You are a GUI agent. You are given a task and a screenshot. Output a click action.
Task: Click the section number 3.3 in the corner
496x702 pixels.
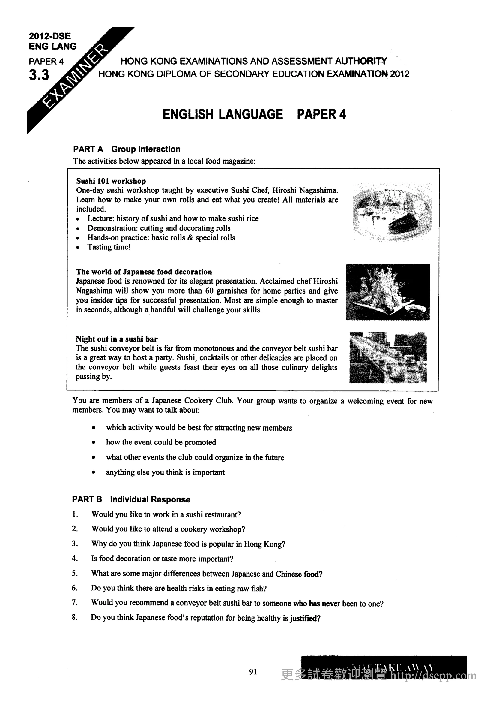point(39,75)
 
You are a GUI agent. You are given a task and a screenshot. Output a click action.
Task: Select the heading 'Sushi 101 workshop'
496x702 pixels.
point(111,181)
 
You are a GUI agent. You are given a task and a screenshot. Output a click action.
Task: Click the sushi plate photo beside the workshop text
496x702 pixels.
point(392,212)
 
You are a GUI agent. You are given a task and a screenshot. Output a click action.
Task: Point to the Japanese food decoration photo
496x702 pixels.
point(387,292)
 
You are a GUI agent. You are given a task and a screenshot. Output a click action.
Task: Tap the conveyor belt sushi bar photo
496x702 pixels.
point(388,357)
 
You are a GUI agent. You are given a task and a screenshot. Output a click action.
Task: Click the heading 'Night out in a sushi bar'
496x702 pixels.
point(117,339)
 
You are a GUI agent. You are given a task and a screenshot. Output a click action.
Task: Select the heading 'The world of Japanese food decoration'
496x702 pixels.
point(144,272)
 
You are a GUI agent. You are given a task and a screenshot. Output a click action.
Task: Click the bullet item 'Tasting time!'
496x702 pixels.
point(109,247)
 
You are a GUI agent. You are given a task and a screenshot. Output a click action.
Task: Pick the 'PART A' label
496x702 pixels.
point(88,149)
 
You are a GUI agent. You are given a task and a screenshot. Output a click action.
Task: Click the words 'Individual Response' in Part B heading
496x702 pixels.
point(150,499)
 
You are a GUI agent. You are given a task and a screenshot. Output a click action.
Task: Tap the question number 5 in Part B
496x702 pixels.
point(75,573)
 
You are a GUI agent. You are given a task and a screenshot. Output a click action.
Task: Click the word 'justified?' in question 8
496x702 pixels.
point(305,618)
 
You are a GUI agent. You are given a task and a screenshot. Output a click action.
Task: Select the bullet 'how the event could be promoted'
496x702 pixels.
point(161,442)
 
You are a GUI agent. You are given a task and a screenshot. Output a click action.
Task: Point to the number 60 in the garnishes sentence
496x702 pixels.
point(209,291)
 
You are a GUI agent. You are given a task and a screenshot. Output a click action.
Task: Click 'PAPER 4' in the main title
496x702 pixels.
point(321,114)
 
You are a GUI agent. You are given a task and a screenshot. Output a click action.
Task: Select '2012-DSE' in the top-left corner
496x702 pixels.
point(50,36)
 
